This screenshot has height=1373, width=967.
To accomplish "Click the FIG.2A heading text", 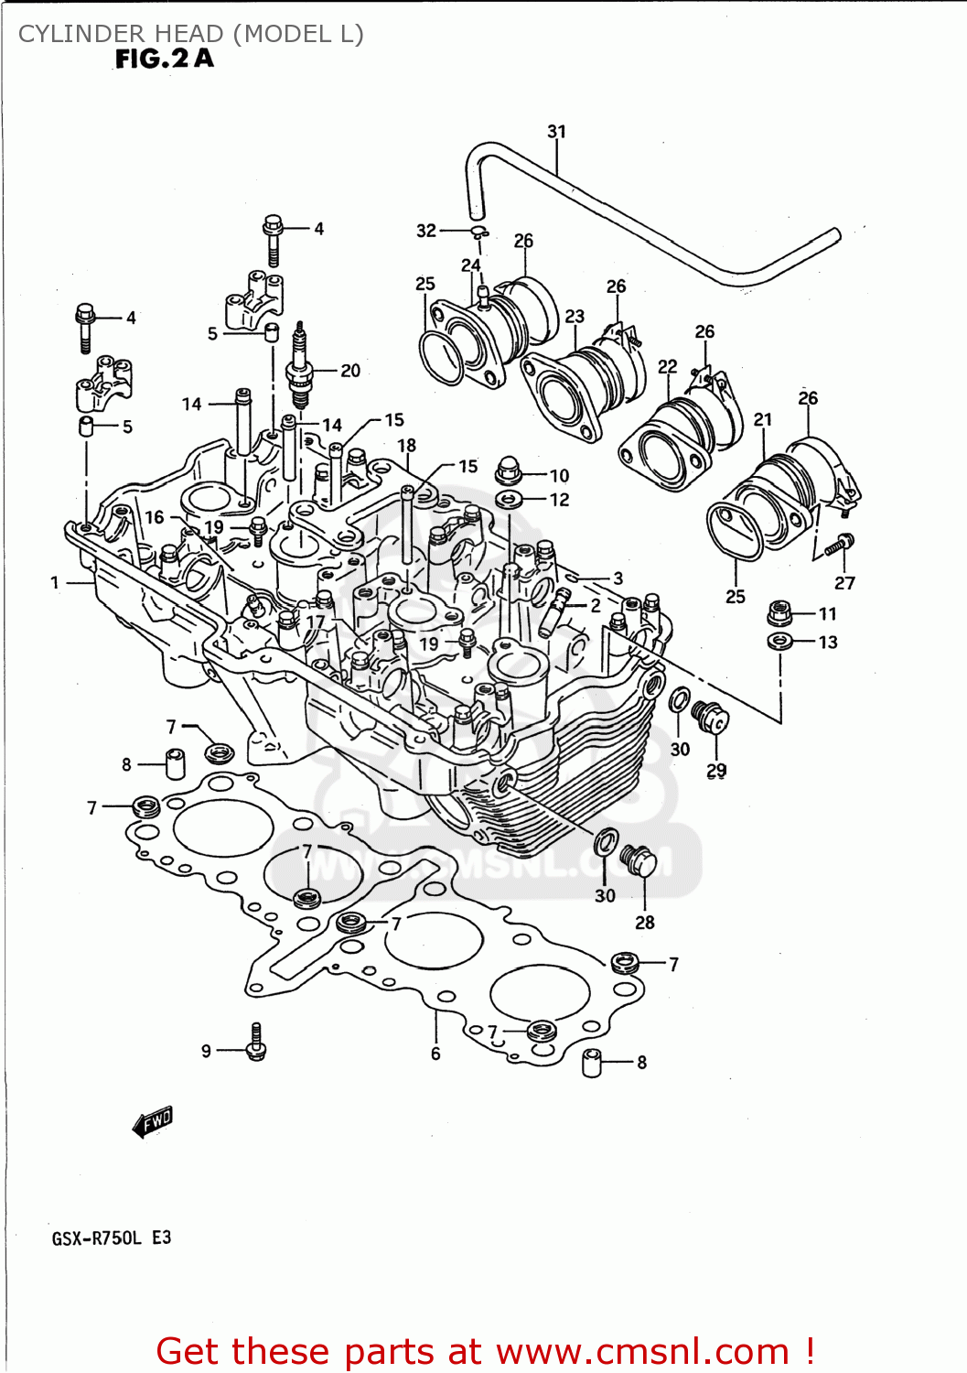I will [x=165, y=59].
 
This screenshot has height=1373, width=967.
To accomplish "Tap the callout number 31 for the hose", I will [x=556, y=132].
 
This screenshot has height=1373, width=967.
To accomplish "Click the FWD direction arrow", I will [x=153, y=1121].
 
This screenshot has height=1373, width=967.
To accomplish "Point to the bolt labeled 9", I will [x=256, y=1044].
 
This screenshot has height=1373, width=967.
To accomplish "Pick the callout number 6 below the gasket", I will [x=435, y=1054].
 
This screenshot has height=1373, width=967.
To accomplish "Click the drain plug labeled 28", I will [x=639, y=860].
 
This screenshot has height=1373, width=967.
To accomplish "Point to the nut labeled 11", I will [x=779, y=611].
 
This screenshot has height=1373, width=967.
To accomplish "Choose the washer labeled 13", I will [x=779, y=641].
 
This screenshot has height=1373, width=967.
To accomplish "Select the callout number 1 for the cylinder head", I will [x=55, y=582].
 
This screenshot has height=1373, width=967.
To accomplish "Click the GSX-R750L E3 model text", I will [x=111, y=1238].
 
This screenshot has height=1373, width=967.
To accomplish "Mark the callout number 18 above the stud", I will [x=406, y=445].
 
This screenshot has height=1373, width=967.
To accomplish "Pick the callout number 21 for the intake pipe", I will [x=763, y=419].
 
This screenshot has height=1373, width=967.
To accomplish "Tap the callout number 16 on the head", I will [x=155, y=517].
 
